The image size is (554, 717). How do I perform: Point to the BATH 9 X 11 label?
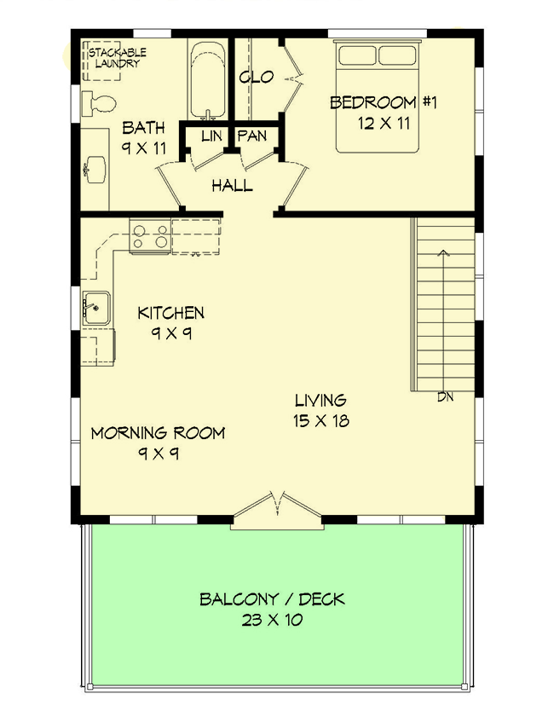tap(143, 138)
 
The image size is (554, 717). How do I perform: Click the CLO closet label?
tap(256, 78)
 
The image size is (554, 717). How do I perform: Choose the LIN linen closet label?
tap(211, 136)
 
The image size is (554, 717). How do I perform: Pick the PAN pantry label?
tap(253, 136)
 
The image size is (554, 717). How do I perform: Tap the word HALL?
tap(232, 185)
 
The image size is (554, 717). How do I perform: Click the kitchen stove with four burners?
tap(150, 236)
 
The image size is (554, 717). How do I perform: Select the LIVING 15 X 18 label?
tap(320, 409)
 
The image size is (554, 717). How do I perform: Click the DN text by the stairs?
tap(445, 396)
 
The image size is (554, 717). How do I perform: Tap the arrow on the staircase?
tap(443, 252)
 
